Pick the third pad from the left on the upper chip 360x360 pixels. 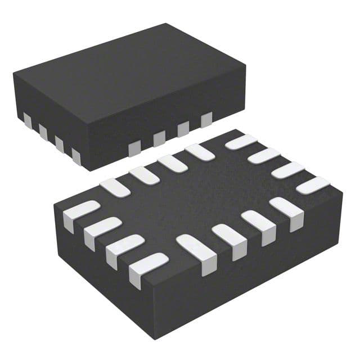59,143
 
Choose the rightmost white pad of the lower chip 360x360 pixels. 313,185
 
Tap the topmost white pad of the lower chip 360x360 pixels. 241,142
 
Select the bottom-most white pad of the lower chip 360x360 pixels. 147,267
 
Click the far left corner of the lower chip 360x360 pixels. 55,205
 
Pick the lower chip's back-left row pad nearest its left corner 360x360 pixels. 114,187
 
